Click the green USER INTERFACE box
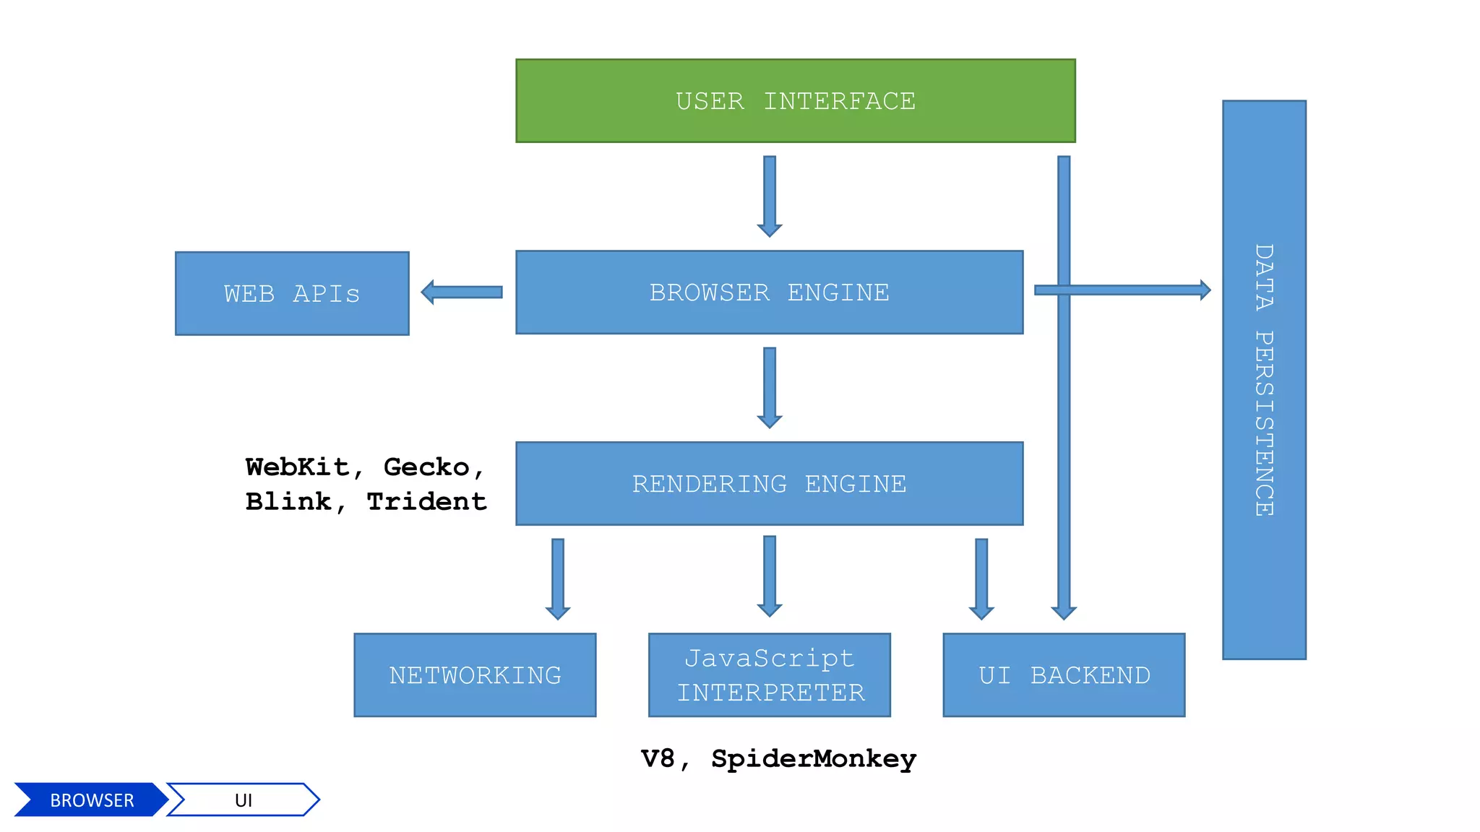coord(795,100)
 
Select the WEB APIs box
coord(292,293)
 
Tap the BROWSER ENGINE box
coord(769,292)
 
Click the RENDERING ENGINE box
coord(769,483)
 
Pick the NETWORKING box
coord(475,675)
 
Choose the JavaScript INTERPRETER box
coord(769,675)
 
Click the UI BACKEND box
coord(1064,675)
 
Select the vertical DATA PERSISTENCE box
coord(1264,380)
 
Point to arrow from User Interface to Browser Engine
coord(770,196)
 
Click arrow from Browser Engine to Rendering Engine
coord(770,387)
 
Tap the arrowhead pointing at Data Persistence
coord(1205,290)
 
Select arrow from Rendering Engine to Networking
coord(558,578)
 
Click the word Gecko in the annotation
coord(426,467)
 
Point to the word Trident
coord(426,501)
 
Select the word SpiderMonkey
coord(814,758)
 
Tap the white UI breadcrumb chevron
coord(244,799)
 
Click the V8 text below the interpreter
coord(658,758)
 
